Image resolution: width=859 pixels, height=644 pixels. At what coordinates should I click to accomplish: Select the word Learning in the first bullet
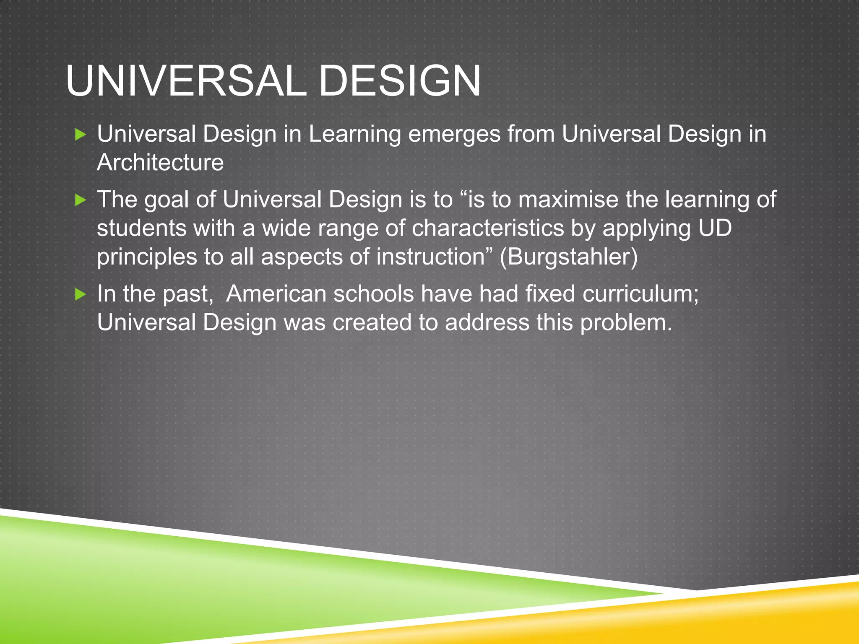coord(355,135)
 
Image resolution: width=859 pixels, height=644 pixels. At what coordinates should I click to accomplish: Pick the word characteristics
coord(487,229)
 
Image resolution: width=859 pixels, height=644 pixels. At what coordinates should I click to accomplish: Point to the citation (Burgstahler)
coord(568,257)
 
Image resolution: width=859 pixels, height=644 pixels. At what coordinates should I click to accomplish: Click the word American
coord(276,294)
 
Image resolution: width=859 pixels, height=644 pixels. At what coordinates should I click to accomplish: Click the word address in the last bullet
coord(487,323)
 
